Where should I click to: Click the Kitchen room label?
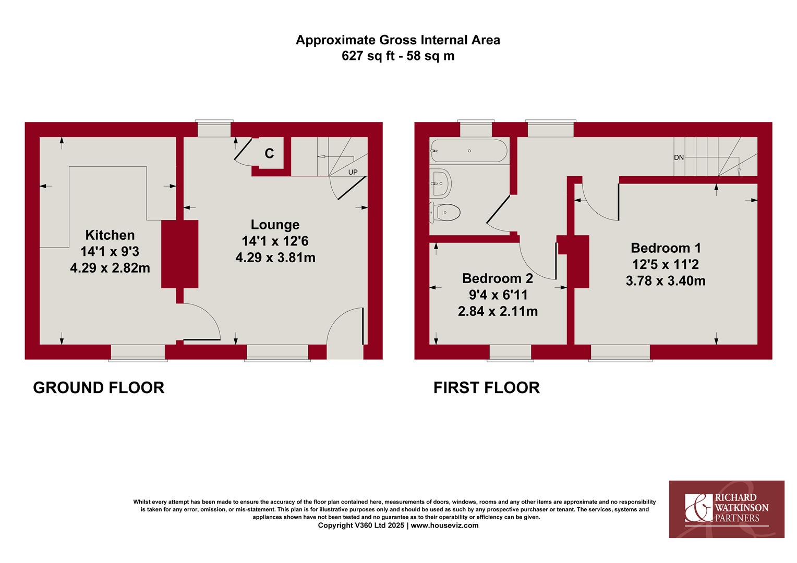pyautogui.click(x=110, y=235)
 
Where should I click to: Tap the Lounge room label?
pyautogui.click(x=275, y=225)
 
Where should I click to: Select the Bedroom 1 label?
pyautogui.click(x=666, y=248)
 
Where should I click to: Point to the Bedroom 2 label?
pyautogui.click(x=498, y=278)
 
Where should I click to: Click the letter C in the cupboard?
pyautogui.click(x=269, y=153)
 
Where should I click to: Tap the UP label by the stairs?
pyautogui.click(x=353, y=172)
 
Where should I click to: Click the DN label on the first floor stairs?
pyautogui.click(x=679, y=157)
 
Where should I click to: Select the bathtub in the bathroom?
pyautogui.click(x=469, y=151)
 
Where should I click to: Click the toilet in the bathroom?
pyautogui.click(x=445, y=213)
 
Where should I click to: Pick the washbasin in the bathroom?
pyautogui.click(x=440, y=183)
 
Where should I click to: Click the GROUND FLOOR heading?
pyautogui.click(x=99, y=388)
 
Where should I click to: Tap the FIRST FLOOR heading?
pyautogui.click(x=486, y=388)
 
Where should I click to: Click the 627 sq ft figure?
pyautogui.click(x=368, y=56)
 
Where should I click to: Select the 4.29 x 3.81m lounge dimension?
pyautogui.click(x=275, y=258)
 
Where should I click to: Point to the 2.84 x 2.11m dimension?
pyautogui.click(x=498, y=312)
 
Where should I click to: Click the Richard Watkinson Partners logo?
pyautogui.click(x=727, y=509)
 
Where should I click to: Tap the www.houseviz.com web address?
pyautogui.click(x=444, y=525)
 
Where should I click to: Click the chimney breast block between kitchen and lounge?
pyautogui.click(x=179, y=254)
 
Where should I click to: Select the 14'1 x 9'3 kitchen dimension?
pyautogui.click(x=110, y=252)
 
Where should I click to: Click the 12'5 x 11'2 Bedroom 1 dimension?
pyautogui.click(x=666, y=265)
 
